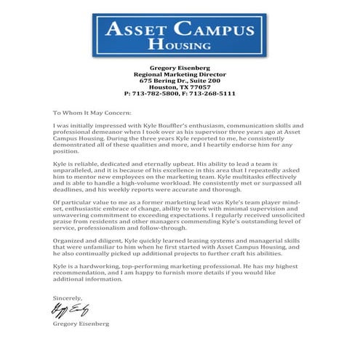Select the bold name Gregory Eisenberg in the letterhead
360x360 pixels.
pos(180,68)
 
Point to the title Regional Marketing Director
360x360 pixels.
pos(180,74)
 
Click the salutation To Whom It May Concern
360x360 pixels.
pos(92,113)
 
